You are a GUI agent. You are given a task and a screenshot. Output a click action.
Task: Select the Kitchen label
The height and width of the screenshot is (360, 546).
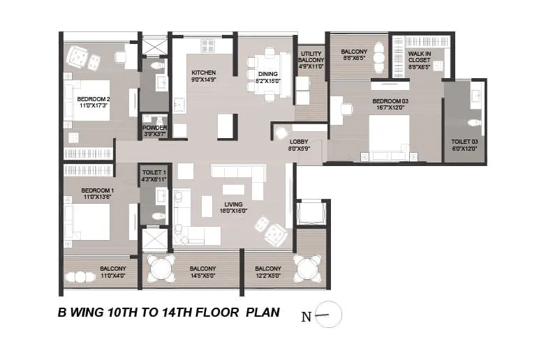(203, 73)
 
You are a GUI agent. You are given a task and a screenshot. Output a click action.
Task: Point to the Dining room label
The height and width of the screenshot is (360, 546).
(268, 73)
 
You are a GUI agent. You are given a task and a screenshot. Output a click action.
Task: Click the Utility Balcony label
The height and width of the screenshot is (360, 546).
(310, 58)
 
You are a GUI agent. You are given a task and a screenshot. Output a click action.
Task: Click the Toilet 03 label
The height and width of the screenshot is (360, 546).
(465, 141)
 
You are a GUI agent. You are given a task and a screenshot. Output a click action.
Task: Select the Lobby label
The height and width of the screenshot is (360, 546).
(299, 141)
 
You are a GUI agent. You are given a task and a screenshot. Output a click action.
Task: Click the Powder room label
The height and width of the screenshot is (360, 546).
(154, 128)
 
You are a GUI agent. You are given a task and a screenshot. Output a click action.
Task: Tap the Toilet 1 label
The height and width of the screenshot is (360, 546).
(154, 172)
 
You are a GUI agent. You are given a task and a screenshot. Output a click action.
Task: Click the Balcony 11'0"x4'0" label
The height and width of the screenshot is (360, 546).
(112, 269)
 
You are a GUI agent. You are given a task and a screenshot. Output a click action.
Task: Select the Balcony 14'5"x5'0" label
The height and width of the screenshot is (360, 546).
(203, 269)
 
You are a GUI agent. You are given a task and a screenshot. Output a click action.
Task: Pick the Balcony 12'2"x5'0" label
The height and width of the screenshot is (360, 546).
(268, 269)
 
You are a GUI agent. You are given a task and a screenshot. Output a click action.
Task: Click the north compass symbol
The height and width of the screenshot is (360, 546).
(328, 316)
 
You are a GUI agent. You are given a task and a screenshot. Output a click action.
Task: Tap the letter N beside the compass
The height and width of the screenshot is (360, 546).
(306, 317)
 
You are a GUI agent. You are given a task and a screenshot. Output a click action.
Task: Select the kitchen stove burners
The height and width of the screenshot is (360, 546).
(209, 46)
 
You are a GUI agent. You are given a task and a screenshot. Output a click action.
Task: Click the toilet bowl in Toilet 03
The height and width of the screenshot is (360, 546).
(475, 123)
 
